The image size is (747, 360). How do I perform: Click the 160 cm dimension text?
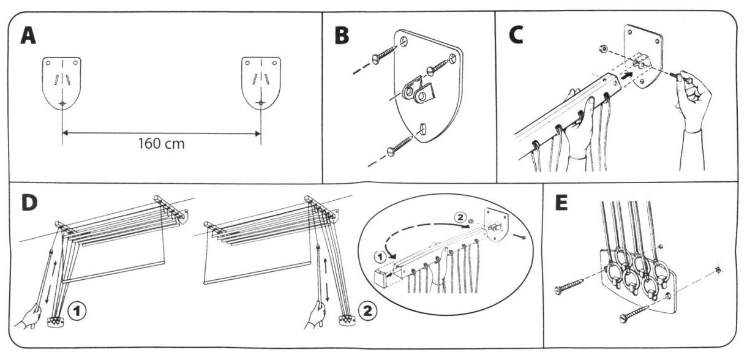click(162, 144)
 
